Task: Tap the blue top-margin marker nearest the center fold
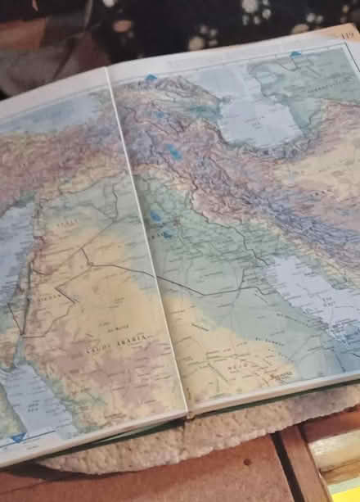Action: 150,78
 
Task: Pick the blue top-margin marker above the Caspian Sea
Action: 295,55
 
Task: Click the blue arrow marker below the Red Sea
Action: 18,439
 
